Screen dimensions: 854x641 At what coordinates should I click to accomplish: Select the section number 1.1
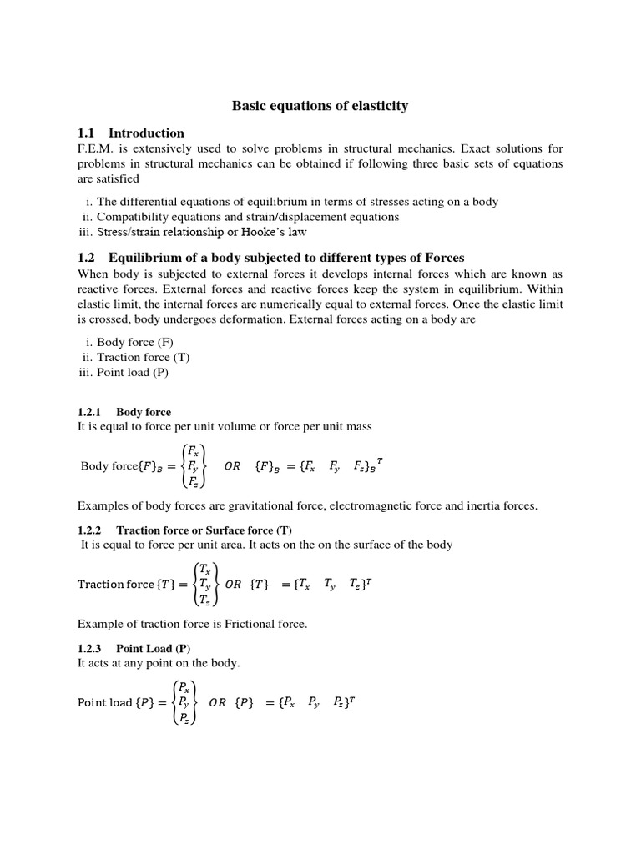click(x=87, y=133)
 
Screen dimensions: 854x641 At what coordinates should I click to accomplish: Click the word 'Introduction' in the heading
click(x=146, y=133)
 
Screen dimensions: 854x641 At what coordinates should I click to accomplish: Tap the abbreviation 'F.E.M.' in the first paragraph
click(x=97, y=148)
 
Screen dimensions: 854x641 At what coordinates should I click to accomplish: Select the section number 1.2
click(x=87, y=258)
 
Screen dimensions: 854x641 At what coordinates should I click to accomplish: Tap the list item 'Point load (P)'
click(x=133, y=373)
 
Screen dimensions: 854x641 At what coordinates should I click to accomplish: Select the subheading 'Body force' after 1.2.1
click(x=144, y=412)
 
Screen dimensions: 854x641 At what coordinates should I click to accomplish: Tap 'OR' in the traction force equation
click(x=233, y=584)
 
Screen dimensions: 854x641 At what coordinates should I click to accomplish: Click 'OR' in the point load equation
click(x=217, y=702)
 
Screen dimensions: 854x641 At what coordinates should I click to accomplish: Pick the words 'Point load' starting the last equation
click(x=104, y=702)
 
